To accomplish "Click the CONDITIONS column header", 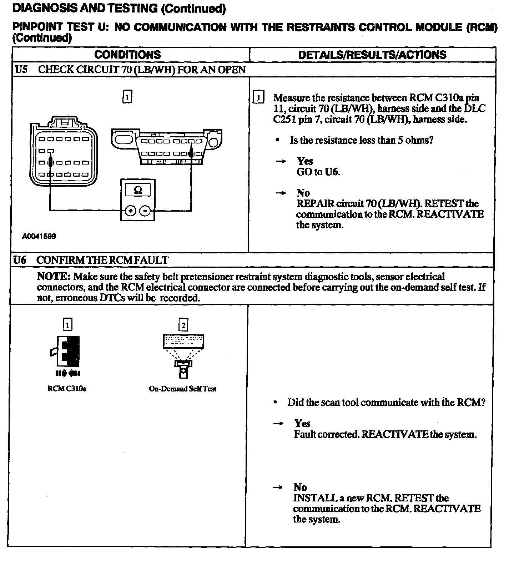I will [x=127, y=55].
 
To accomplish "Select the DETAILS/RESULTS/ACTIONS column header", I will [x=372, y=55].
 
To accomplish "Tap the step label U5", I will [x=21, y=69].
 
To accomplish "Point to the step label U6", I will [x=20, y=260].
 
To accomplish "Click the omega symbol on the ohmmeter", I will [x=138, y=191].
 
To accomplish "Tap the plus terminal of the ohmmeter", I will [x=131, y=211].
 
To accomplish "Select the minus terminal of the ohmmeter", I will [x=145, y=211].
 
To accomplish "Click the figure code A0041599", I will [x=39, y=236].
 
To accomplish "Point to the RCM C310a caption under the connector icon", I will [x=67, y=389].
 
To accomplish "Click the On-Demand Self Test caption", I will [x=182, y=389].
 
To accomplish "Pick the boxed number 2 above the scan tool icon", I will [x=183, y=325].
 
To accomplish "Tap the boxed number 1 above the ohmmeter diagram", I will [x=127, y=97].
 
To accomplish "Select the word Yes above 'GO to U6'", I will [x=305, y=161].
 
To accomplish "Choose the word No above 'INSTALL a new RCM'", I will [x=300, y=487].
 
